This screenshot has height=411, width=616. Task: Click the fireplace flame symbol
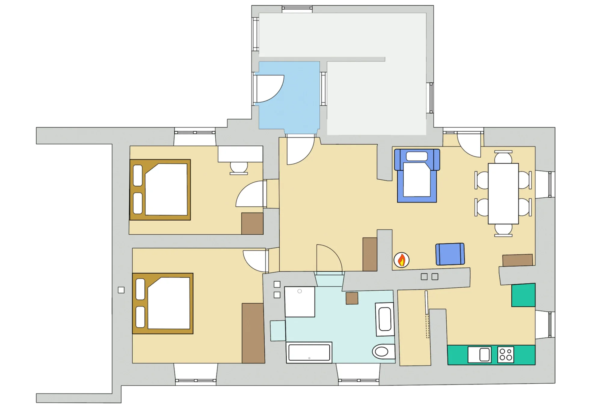click(x=402, y=260)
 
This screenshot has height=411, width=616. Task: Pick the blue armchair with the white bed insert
click(x=417, y=176)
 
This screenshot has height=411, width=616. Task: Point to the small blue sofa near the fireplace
click(x=450, y=254)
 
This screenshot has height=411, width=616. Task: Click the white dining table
click(x=503, y=194)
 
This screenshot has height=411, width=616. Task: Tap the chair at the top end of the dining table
click(x=503, y=157)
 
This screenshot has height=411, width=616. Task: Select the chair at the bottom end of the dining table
click(x=503, y=230)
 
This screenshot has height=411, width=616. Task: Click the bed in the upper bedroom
click(x=160, y=190)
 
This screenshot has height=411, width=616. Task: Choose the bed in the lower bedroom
click(x=163, y=303)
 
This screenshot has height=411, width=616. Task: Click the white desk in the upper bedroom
click(x=240, y=154)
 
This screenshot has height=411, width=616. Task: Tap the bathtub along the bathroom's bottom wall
click(x=309, y=353)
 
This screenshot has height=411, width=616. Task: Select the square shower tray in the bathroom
click(x=300, y=302)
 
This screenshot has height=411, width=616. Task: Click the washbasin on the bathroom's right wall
click(x=385, y=320)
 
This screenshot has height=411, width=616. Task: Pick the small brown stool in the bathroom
click(x=352, y=298)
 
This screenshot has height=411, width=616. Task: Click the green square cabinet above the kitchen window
click(x=523, y=295)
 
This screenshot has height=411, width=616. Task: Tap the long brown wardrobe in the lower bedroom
click(x=253, y=333)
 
